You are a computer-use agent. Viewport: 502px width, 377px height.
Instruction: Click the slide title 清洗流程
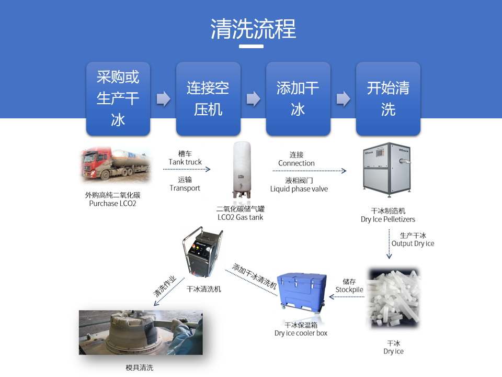pos(253,29)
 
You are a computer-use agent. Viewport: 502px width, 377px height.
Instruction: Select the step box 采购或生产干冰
pos(118,98)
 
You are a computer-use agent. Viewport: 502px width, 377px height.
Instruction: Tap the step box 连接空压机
pos(208,98)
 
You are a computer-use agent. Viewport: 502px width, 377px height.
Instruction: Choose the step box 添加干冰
pos(298,98)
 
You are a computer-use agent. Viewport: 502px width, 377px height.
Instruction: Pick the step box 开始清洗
pos(388,98)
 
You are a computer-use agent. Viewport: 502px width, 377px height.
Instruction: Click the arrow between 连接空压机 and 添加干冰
pos(254,98)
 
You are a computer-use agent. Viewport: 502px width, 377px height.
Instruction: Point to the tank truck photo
pos(116,165)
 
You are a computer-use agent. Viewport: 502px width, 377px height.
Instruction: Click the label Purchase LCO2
pos(112,203)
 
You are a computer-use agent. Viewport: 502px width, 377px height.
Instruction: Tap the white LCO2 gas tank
pos(240,173)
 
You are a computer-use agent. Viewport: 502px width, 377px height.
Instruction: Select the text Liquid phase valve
pos(299,188)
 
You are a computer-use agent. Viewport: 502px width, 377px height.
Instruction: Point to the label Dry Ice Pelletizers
pos(388,219)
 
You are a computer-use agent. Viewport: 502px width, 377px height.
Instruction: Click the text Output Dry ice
pos(413,243)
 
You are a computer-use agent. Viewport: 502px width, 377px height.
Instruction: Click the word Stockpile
pos(349,290)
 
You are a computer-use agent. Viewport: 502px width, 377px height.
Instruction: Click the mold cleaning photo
pos(140,332)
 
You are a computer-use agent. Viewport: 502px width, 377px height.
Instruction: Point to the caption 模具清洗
pos(140,368)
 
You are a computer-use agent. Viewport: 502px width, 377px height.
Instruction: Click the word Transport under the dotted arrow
pos(185,188)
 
